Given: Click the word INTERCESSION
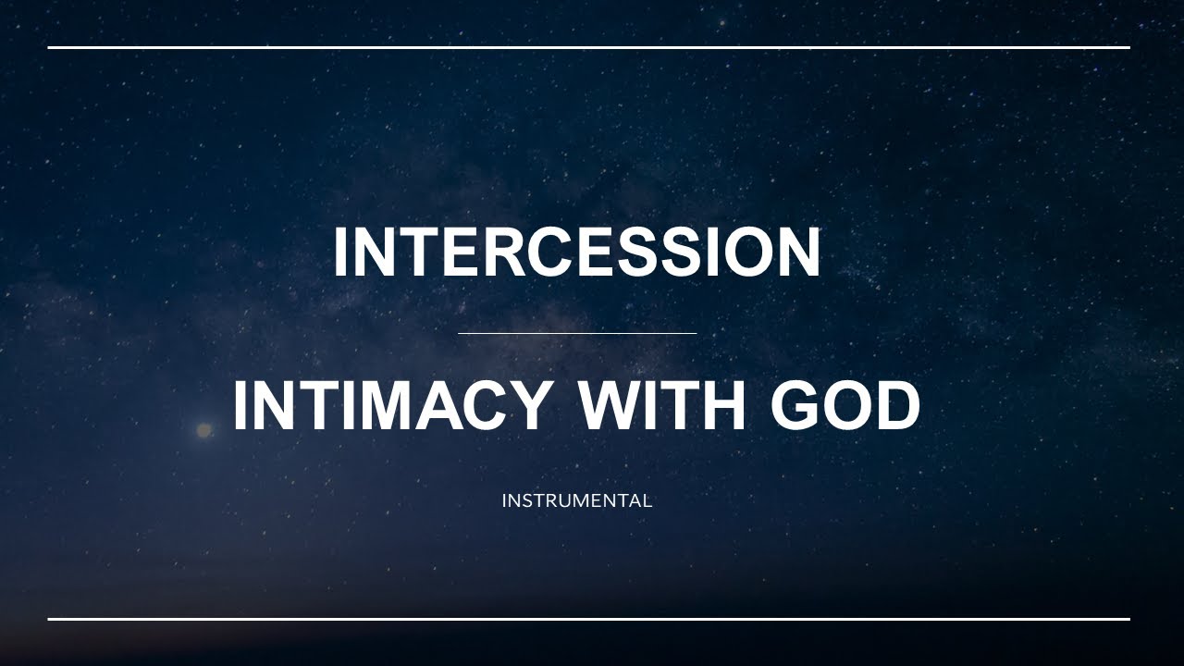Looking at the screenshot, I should tap(576, 253).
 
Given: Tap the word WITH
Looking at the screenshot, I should tap(661, 406).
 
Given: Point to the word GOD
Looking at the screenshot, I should tap(845, 406).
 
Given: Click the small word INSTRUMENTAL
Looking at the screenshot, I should tap(576, 501).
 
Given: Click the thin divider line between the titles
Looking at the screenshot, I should tap(576, 333).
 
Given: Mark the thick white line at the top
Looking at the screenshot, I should tap(588, 47).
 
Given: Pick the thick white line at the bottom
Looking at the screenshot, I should tap(588, 619).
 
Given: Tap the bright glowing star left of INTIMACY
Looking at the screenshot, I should tap(203, 430).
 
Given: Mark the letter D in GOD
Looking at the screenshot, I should tap(895, 406).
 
